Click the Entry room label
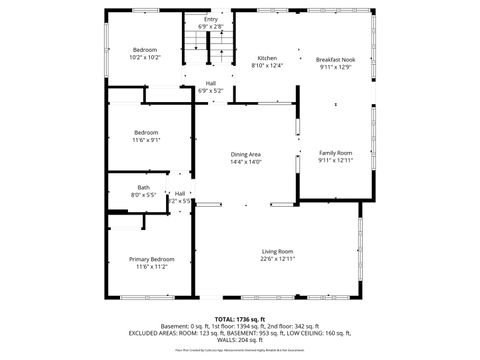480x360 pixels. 211,19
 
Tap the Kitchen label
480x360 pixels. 267,58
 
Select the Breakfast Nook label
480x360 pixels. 335,60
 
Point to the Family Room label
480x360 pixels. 335,153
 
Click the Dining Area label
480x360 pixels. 246,154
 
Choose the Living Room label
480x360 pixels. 277,251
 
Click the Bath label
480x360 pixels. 144,187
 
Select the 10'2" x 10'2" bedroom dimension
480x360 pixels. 146,57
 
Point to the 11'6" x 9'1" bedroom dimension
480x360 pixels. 146,140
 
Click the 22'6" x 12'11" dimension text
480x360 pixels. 277,259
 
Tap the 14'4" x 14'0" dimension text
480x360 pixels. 246,161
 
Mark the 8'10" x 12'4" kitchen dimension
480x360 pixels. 267,66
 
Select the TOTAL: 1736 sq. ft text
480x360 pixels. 240,319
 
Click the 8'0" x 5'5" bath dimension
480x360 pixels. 144,195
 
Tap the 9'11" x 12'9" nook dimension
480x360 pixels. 335,68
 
